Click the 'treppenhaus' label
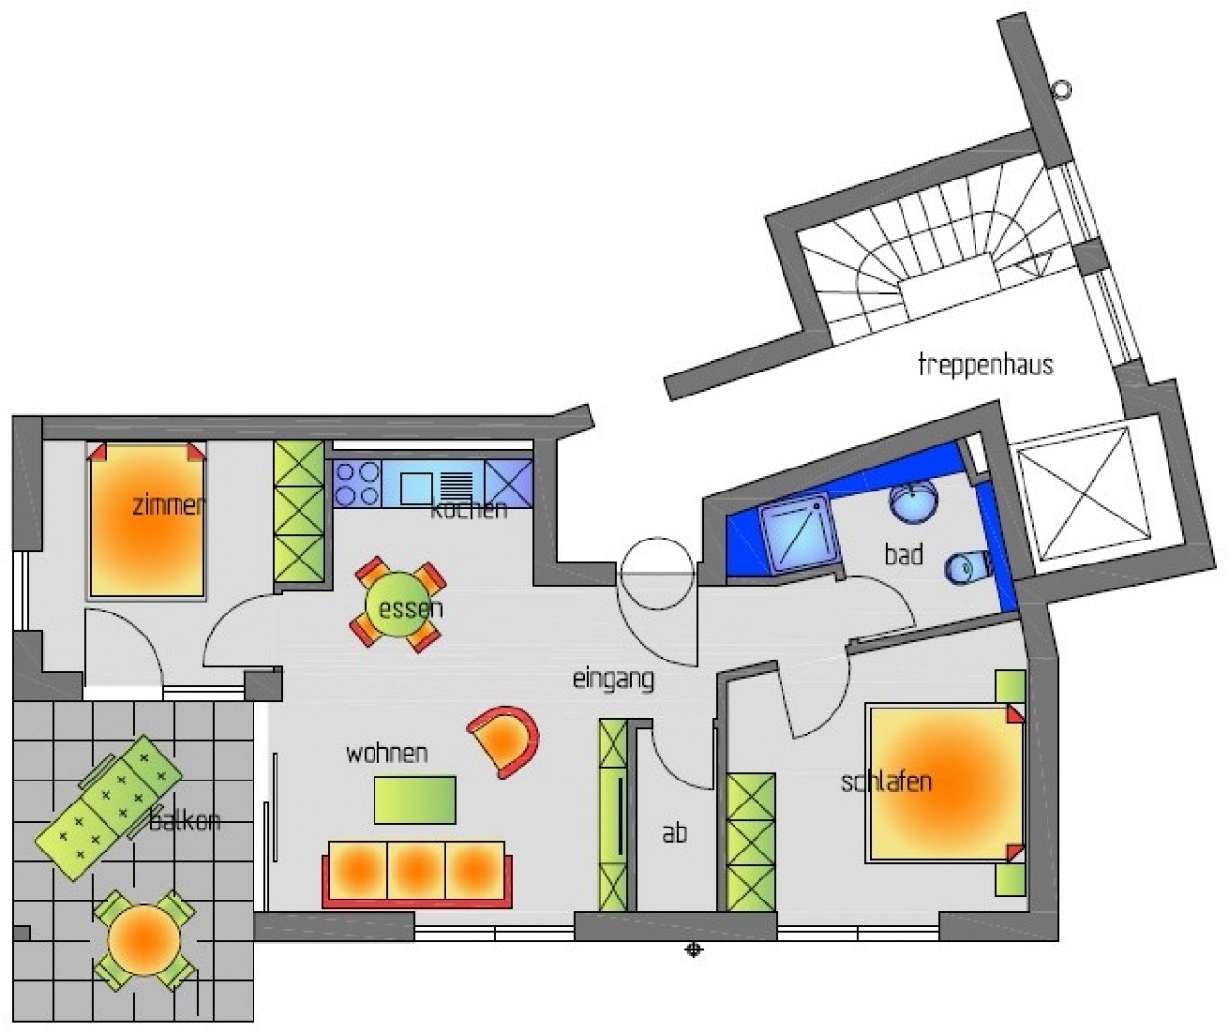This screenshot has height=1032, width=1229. point(985,366)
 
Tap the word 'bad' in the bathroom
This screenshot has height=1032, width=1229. point(904,555)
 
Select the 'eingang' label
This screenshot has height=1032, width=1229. point(614,680)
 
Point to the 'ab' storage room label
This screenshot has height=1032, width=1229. point(675,833)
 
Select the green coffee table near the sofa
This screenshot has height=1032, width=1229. point(415,800)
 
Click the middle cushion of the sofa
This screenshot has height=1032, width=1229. point(416,870)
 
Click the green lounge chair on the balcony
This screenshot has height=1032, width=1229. point(108,808)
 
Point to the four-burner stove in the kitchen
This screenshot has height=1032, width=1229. point(357,484)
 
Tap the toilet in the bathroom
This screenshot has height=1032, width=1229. point(968,567)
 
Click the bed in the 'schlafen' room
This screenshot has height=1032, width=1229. point(946,785)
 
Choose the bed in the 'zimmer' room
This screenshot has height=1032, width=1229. point(147,520)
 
